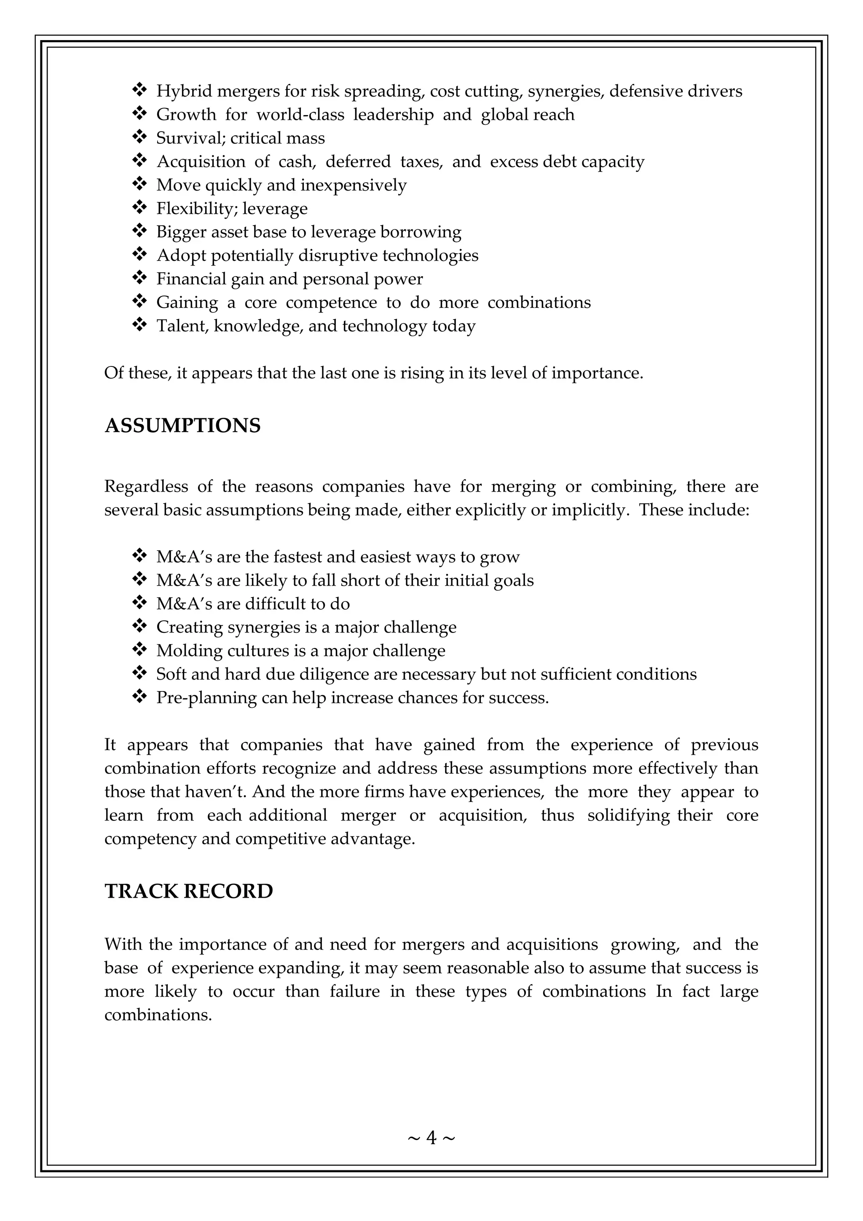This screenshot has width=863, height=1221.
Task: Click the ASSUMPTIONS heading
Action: coord(182,426)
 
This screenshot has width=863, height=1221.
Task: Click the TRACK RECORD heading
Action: coord(189,891)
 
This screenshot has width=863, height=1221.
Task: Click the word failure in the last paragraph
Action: coord(354,992)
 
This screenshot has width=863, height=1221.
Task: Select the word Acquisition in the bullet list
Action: coord(201,161)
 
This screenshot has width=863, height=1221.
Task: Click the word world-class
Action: coord(300,115)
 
